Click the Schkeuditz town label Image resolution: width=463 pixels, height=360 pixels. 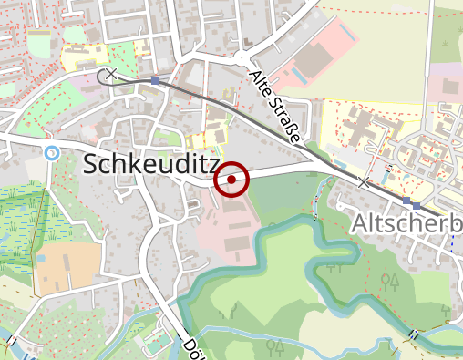pyautogui.click(x=151, y=164)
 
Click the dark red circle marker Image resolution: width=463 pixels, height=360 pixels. pyautogui.click(x=232, y=180)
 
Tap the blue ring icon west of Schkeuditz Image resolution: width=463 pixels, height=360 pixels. pyautogui.click(x=52, y=152)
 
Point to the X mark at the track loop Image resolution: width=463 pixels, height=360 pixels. pyautogui.click(x=111, y=74)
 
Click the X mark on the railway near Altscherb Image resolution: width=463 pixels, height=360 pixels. pyautogui.click(x=365, y=183)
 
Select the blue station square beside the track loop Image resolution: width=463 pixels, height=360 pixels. pyautogui.click(x=155, y=81)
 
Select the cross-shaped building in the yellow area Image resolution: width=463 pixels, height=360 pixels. pyautogui.click(x=365, y=127)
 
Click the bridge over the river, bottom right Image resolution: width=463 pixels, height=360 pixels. pyautogui.click(x=416, y=335)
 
